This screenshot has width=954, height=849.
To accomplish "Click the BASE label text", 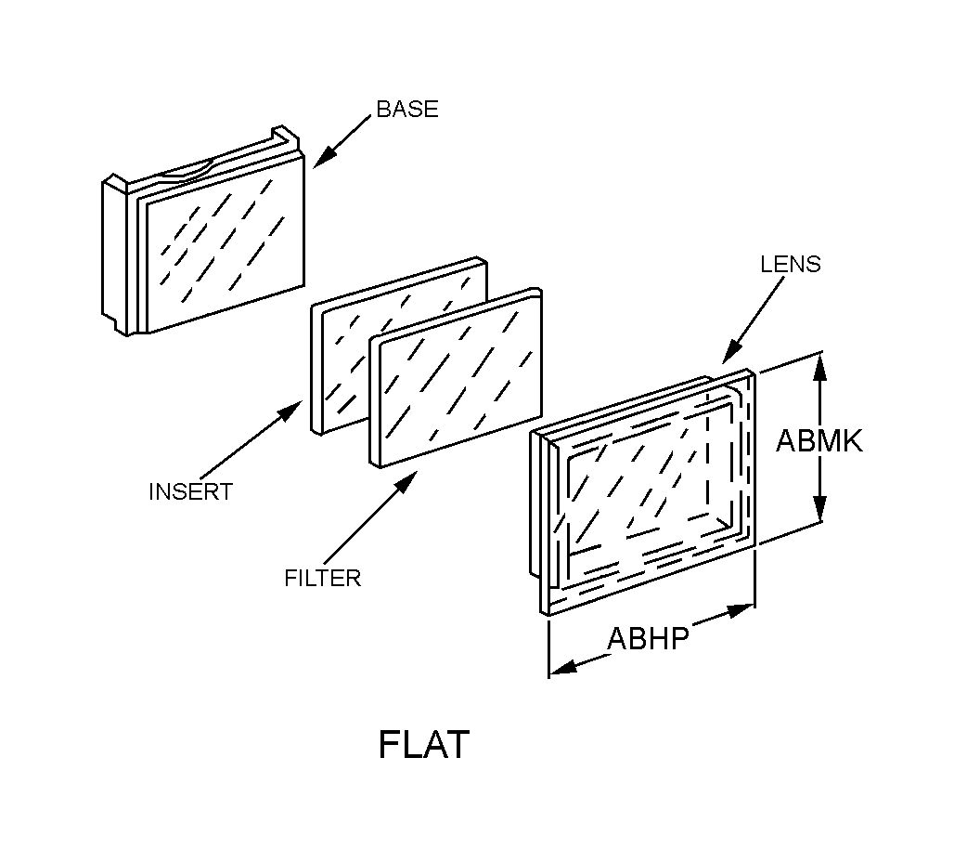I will (x=406, y=109).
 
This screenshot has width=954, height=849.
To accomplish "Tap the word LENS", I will (x=790, y=264).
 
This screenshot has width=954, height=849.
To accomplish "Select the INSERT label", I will (x=190, y=491).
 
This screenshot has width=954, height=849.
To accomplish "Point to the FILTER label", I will (x=322, y=578).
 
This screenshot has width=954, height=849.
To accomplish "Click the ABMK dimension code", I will (x=819, y=440).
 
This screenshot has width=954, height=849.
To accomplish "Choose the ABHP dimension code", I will (x=648, y=639).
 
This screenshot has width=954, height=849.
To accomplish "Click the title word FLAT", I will (x=423, y=745).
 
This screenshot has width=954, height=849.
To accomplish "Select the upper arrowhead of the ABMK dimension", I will (x=819, y=364).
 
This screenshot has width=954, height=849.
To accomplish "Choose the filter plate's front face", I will (x=455, y=381).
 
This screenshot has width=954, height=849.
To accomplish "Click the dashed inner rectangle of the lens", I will (x=650, y=483).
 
